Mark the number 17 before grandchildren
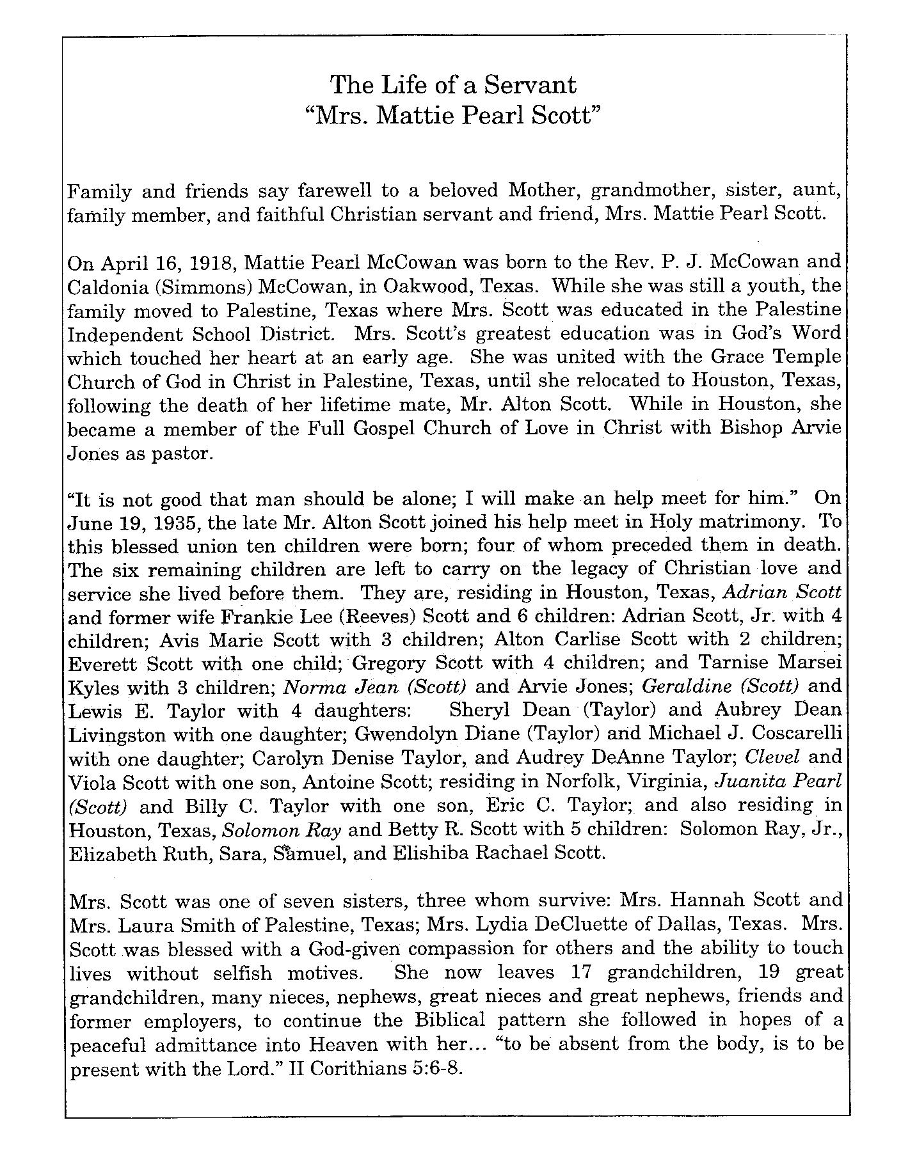(579, 972)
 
